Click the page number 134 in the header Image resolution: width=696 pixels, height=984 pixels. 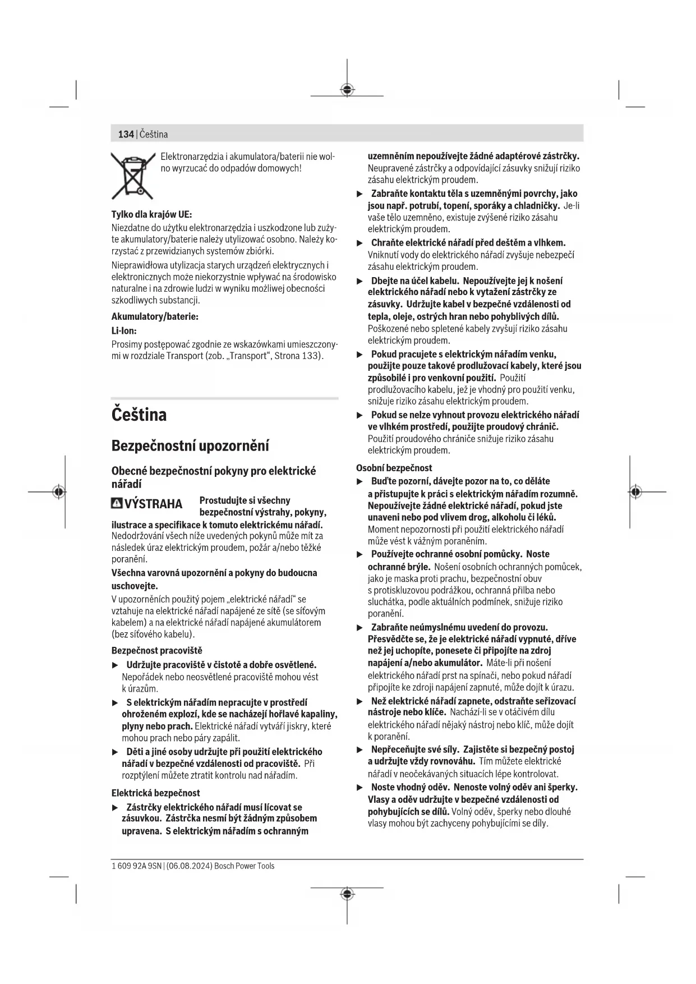(x=126, y=134)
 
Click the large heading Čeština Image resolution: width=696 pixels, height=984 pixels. (x=139, y=415)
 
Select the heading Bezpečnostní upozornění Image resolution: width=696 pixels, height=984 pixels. (x=190, y=446)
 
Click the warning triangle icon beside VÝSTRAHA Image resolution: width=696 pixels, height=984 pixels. (x=117, y=503)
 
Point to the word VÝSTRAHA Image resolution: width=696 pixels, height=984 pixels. (x=153, y=504)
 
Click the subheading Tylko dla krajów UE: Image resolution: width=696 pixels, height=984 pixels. (x=151, y=214)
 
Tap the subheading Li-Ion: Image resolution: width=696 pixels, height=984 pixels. (x=124, y=331)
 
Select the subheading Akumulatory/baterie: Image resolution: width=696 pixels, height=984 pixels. (x=155, y=316)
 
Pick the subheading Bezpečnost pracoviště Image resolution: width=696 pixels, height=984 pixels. (x=156, y=651)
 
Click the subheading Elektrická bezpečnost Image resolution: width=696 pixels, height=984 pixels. (x=155, y=793)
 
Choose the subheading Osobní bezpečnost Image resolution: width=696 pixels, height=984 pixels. (x=394, y=468)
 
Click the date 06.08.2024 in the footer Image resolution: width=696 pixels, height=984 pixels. (x=189, y=866)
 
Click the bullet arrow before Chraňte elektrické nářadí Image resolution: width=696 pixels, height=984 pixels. (x=360, y=243)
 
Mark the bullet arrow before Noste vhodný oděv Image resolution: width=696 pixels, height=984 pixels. (x=360, y=788)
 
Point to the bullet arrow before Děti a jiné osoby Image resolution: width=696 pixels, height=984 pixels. (x=115, y=752)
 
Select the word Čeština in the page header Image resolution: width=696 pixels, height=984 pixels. (x=154, y=134)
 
